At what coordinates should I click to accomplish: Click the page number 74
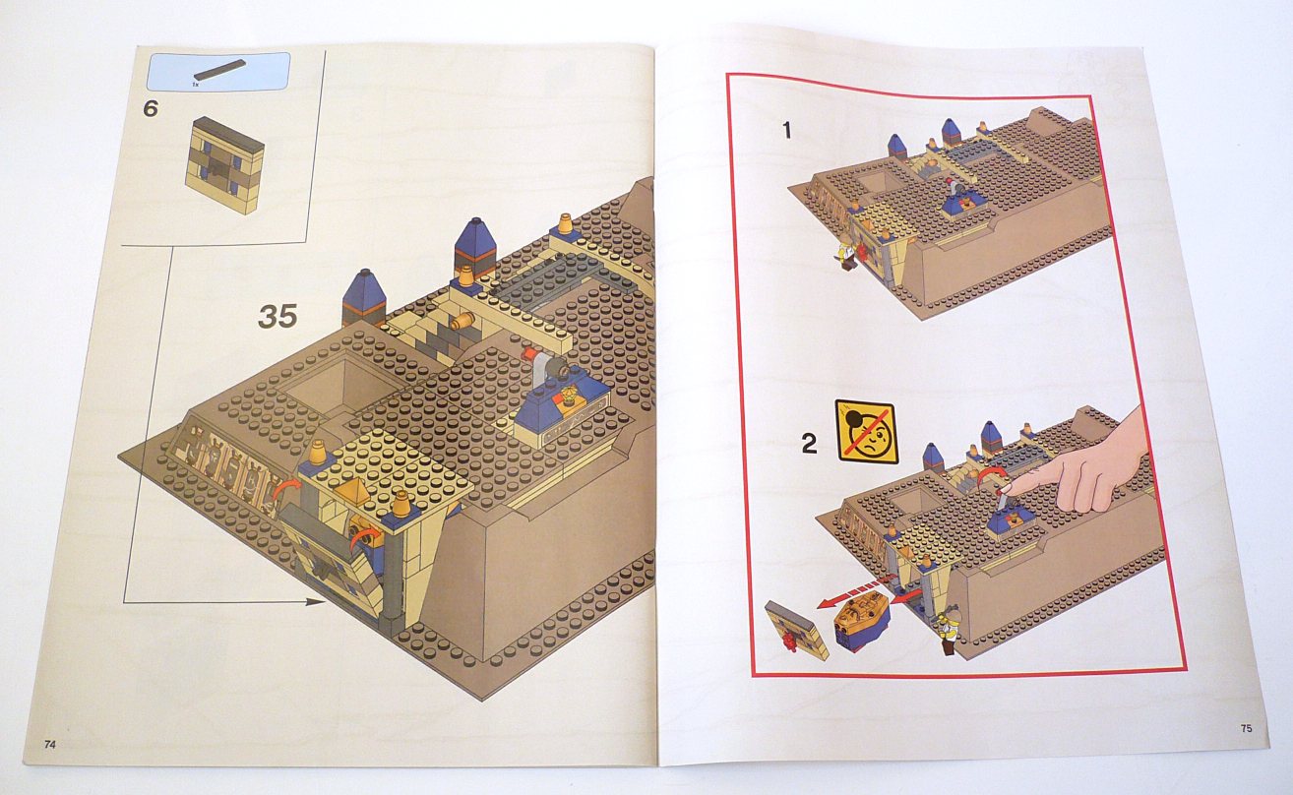(50, 744)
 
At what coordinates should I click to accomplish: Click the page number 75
(1247, 728)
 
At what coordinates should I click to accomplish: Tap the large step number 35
(277, 317)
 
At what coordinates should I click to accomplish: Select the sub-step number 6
(151, 108)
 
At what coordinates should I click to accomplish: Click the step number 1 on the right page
(787, 131)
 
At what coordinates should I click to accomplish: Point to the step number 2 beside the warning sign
(809, 444)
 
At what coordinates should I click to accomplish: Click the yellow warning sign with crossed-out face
(867, 433)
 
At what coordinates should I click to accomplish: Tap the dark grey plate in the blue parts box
(219, 69)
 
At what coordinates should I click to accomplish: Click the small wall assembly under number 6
(224, 165)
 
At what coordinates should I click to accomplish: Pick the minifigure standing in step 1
(844, 251)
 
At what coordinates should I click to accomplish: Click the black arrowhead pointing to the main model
(316, 602)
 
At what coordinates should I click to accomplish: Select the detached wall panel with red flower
(797, 631)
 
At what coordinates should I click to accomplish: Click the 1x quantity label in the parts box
(197, 85)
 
